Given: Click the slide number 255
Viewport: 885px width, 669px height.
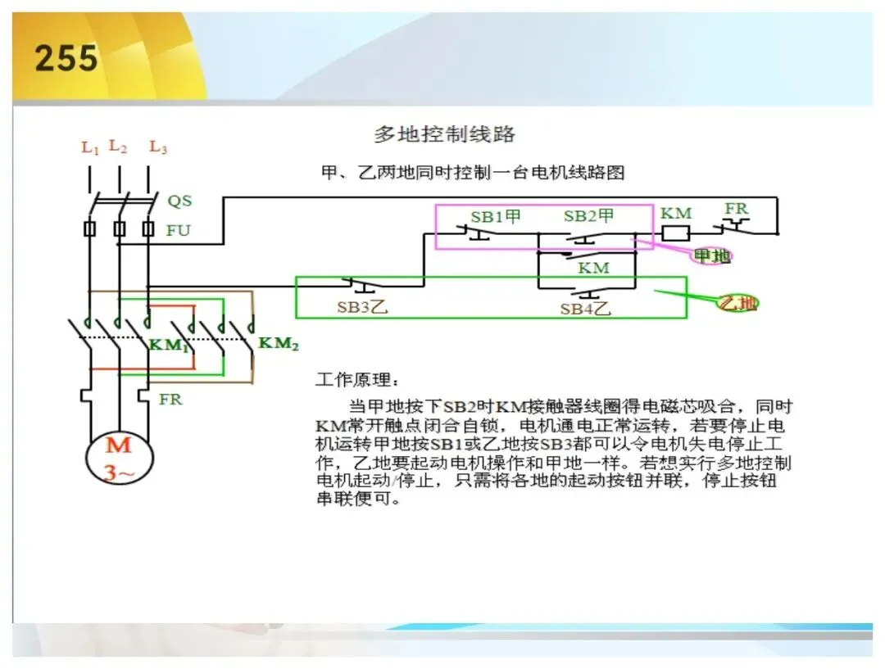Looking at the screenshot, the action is point(66,58).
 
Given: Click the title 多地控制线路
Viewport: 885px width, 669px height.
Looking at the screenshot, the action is point(444,134).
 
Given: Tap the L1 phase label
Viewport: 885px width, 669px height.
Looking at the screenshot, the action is point(90,147).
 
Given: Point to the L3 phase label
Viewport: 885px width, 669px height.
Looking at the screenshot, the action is point(158,147).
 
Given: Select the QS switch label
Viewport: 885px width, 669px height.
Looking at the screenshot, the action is point(179,201).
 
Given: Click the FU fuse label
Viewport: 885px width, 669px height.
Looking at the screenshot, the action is point(179,230).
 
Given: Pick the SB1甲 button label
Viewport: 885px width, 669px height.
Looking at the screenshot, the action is point(496,217).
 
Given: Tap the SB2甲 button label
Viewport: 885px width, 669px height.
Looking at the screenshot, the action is point(588,215).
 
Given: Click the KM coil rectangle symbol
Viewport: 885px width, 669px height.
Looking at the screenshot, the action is point(675,233).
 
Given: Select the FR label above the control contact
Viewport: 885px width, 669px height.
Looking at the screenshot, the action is point(736,209).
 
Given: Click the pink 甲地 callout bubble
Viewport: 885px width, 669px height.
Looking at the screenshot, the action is point(712,256).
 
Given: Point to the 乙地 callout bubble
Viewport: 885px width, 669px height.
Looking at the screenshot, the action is point(737,304).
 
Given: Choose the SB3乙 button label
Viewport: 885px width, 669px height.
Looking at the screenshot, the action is point(362,307).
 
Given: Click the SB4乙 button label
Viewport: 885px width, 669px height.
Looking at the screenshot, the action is point(585,309).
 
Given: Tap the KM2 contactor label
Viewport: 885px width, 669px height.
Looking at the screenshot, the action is point(279,343).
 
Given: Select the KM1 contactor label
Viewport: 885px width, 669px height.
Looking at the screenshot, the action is point(168,345).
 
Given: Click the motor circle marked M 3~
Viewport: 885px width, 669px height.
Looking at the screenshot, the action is point(119,458).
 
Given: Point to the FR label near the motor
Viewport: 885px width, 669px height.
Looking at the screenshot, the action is point(170,400).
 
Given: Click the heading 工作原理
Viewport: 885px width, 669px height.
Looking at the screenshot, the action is point(356,379).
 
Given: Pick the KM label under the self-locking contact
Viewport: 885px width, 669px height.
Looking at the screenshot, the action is point(594,268).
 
